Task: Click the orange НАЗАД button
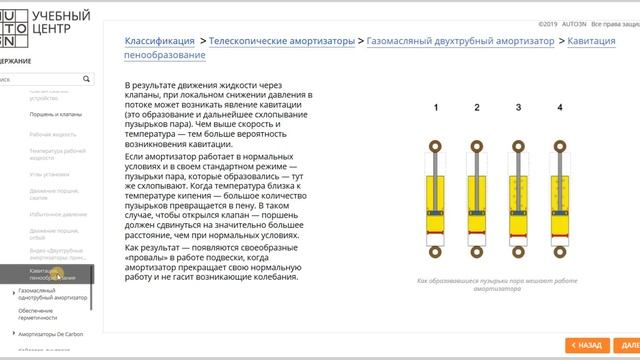tap(587, 345)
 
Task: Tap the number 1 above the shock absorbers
tap(436, 107)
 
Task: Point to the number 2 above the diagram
tap(477, 107)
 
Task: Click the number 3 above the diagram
tap(518, 107)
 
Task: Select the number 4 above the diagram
tap(559, 107)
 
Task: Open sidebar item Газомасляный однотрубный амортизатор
tap(52, 294)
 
